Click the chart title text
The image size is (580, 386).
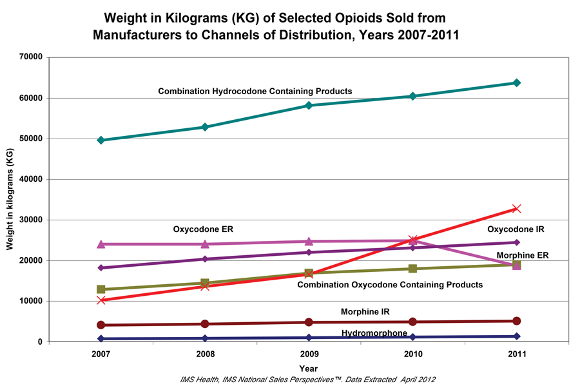(x=276, y=26)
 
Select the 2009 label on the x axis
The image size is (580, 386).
(x=309, y=354)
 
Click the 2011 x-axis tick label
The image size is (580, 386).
(x=516, y=354)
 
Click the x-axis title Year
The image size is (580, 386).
(x=308, y=368)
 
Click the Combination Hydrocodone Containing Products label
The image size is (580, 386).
(x=255, y=92)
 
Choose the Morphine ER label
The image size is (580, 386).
(x=522, y=255)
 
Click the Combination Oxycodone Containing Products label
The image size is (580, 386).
(x=390, y=284)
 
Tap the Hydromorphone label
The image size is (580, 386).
(x=374, y=333)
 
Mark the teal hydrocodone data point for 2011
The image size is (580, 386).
(x=516, y=82)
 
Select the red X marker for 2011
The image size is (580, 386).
(x=516, y=209)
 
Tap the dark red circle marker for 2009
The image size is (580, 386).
(x=309, y=322)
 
